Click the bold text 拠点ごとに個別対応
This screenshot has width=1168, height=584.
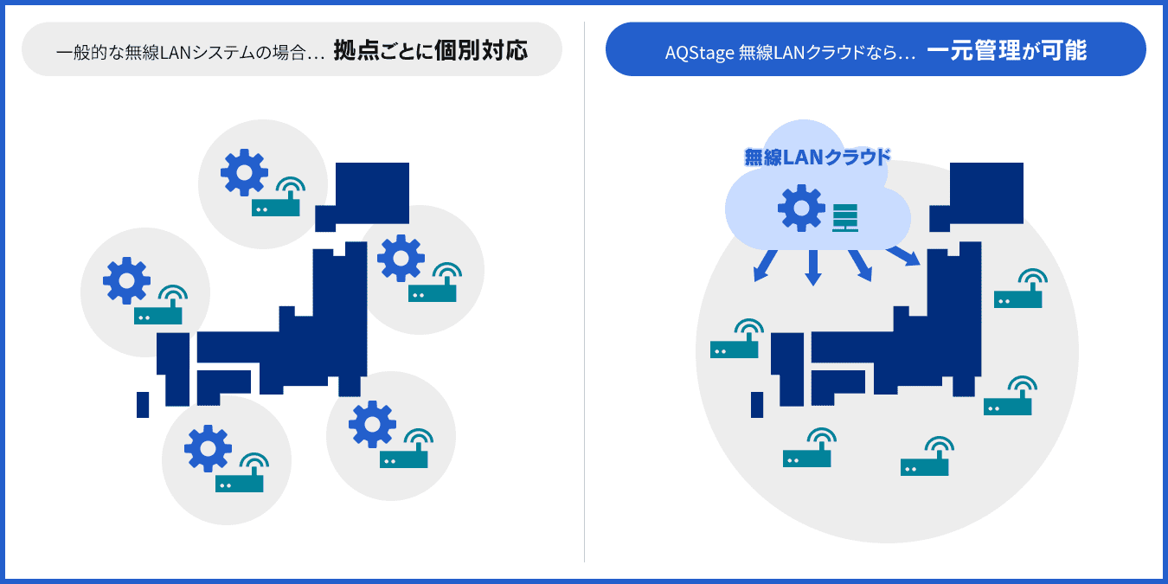[x=430, y=50]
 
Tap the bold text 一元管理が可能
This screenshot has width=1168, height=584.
[x=1006, y=50]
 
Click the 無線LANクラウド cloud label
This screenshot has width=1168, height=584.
[x=817, y=157]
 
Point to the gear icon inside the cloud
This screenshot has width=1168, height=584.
[x=800, y=208]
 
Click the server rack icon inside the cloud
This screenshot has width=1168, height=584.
[x=844, y=217]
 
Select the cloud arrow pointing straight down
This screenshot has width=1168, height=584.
[x=812, y=267]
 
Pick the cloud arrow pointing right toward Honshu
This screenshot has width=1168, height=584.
[x=902, y=256]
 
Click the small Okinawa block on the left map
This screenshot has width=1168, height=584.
[x=143, y=404]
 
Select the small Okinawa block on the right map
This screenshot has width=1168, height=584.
[x=757, y=404]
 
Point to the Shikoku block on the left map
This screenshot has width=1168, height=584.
[x=223, y=382]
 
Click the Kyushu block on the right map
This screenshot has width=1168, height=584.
[x=787, y=369]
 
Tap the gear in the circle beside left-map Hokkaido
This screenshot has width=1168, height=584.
[x=244, y=172]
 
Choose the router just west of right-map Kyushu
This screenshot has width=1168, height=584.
[x=735, y=340]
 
